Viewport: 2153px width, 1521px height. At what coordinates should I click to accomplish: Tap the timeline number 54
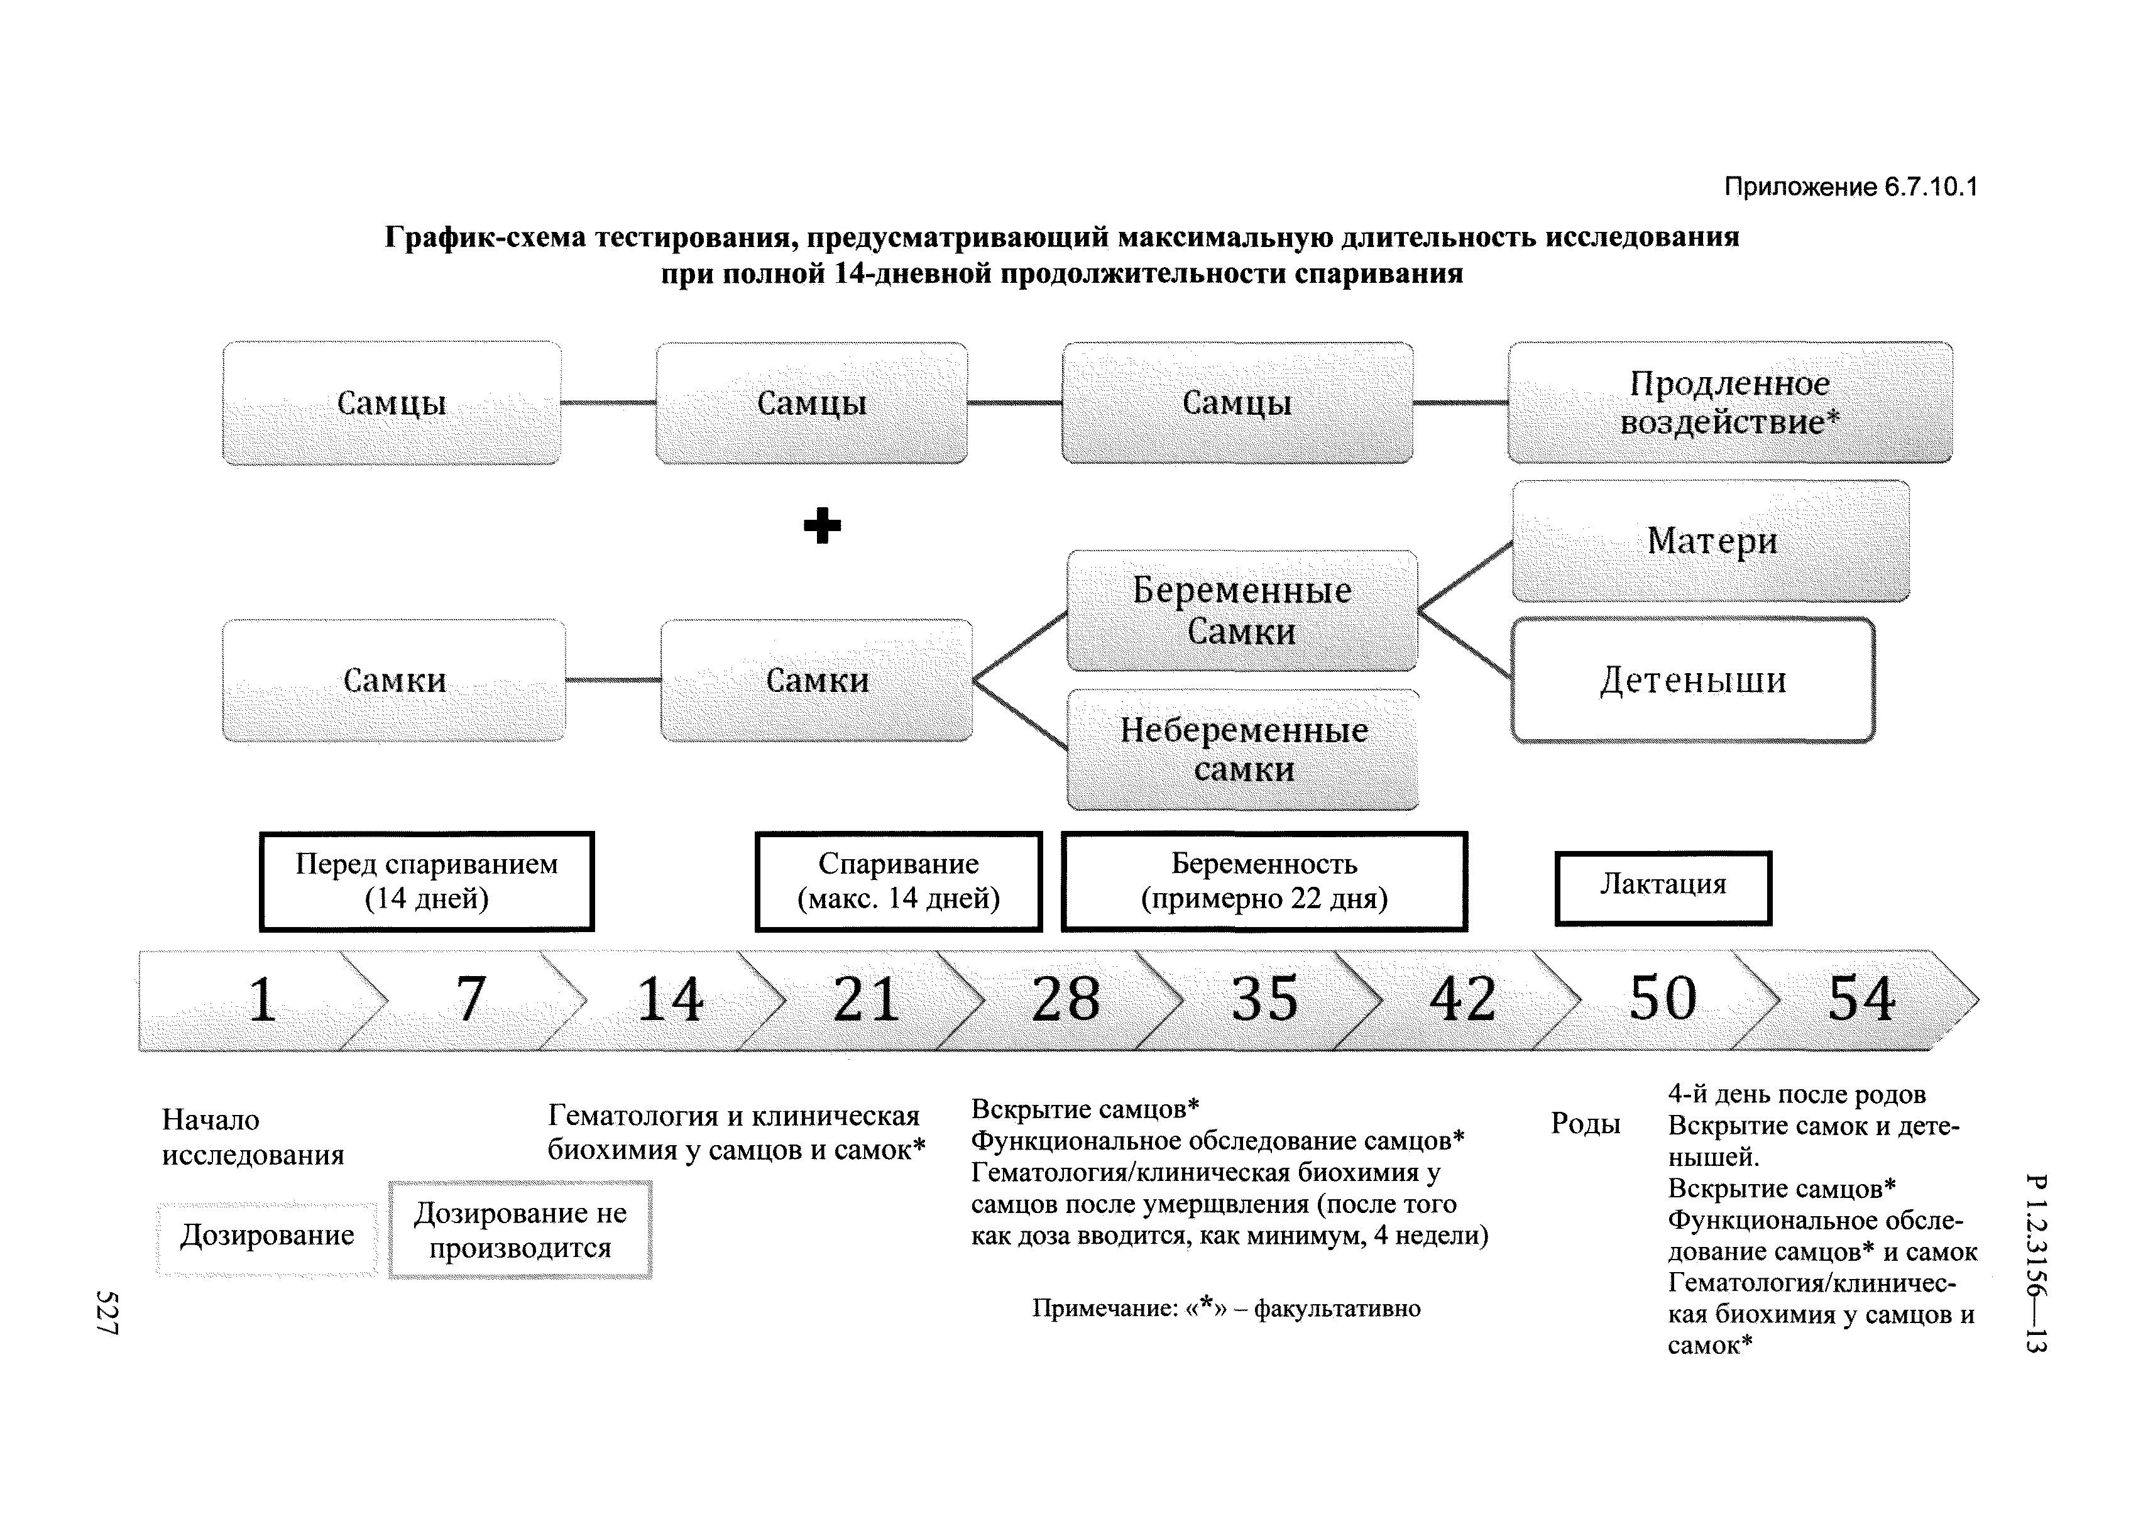[1861, 999]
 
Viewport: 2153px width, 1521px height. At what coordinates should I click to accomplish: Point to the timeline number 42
[1463, 999]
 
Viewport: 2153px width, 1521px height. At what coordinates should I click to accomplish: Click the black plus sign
[823, 525]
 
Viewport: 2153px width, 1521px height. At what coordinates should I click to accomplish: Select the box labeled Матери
[1711, 541]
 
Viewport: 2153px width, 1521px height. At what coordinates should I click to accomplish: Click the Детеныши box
[1692, 680]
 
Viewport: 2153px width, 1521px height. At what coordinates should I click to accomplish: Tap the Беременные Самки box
[1242, 610]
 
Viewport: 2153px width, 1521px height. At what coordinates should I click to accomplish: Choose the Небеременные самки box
[1244, 749]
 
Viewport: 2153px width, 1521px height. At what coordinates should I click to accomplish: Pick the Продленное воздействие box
[1730, 402]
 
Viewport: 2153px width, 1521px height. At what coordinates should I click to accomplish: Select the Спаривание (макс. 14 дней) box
[898, 881]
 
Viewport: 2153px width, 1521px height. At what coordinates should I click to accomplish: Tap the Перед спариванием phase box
[427, 881]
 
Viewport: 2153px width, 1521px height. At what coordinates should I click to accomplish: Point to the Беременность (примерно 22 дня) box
[1264, 881]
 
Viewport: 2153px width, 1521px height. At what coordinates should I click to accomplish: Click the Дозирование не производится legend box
[520, 1230]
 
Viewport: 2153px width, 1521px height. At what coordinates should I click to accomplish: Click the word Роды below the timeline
[1585, 1123]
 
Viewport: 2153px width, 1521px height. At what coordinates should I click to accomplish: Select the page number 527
[107, 1313]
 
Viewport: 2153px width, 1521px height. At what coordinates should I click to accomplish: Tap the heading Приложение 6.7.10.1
[1850, 187]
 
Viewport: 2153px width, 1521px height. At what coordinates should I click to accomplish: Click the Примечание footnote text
[1225, 1308]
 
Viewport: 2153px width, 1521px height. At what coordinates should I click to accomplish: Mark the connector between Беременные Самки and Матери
[1465, 576]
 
